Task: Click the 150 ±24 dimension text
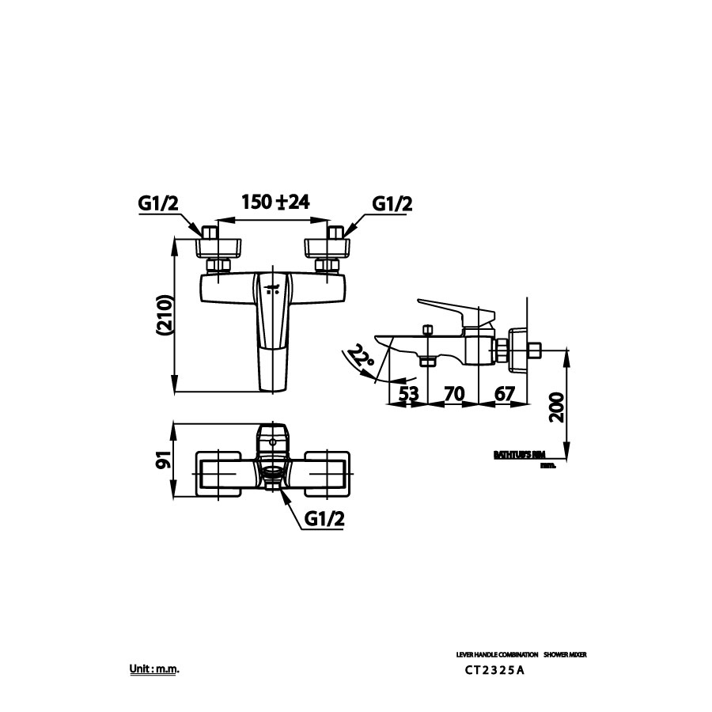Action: pyautogui.click(x=275, y=202)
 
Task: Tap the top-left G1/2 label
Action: pyautogui.click(x=158, y=203)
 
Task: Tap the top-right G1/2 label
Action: pyautogui.click(x=393, y=203)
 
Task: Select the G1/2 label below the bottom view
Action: pyautogui.click(x=324, y=519)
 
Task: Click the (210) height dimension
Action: pyautogui.click(x=164, y=316)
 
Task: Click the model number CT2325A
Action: pyautogui.click(x=495, y=671)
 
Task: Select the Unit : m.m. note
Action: pyautogui.click(x=155, y=669)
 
